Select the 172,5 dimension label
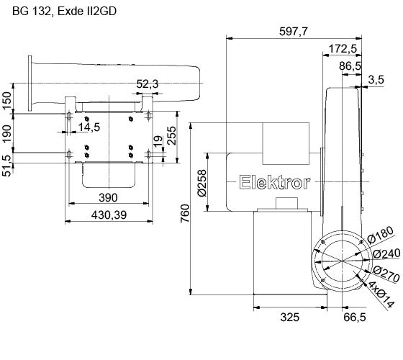click(345, 48)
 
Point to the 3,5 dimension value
click(374, 79)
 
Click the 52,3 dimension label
click(146, 85)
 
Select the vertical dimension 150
click(7, 99)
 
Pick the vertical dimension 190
click(7, 133)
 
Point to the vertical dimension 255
click(172, 136)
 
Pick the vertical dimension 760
click(184, 212)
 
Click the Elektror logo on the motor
click(274, 182)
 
